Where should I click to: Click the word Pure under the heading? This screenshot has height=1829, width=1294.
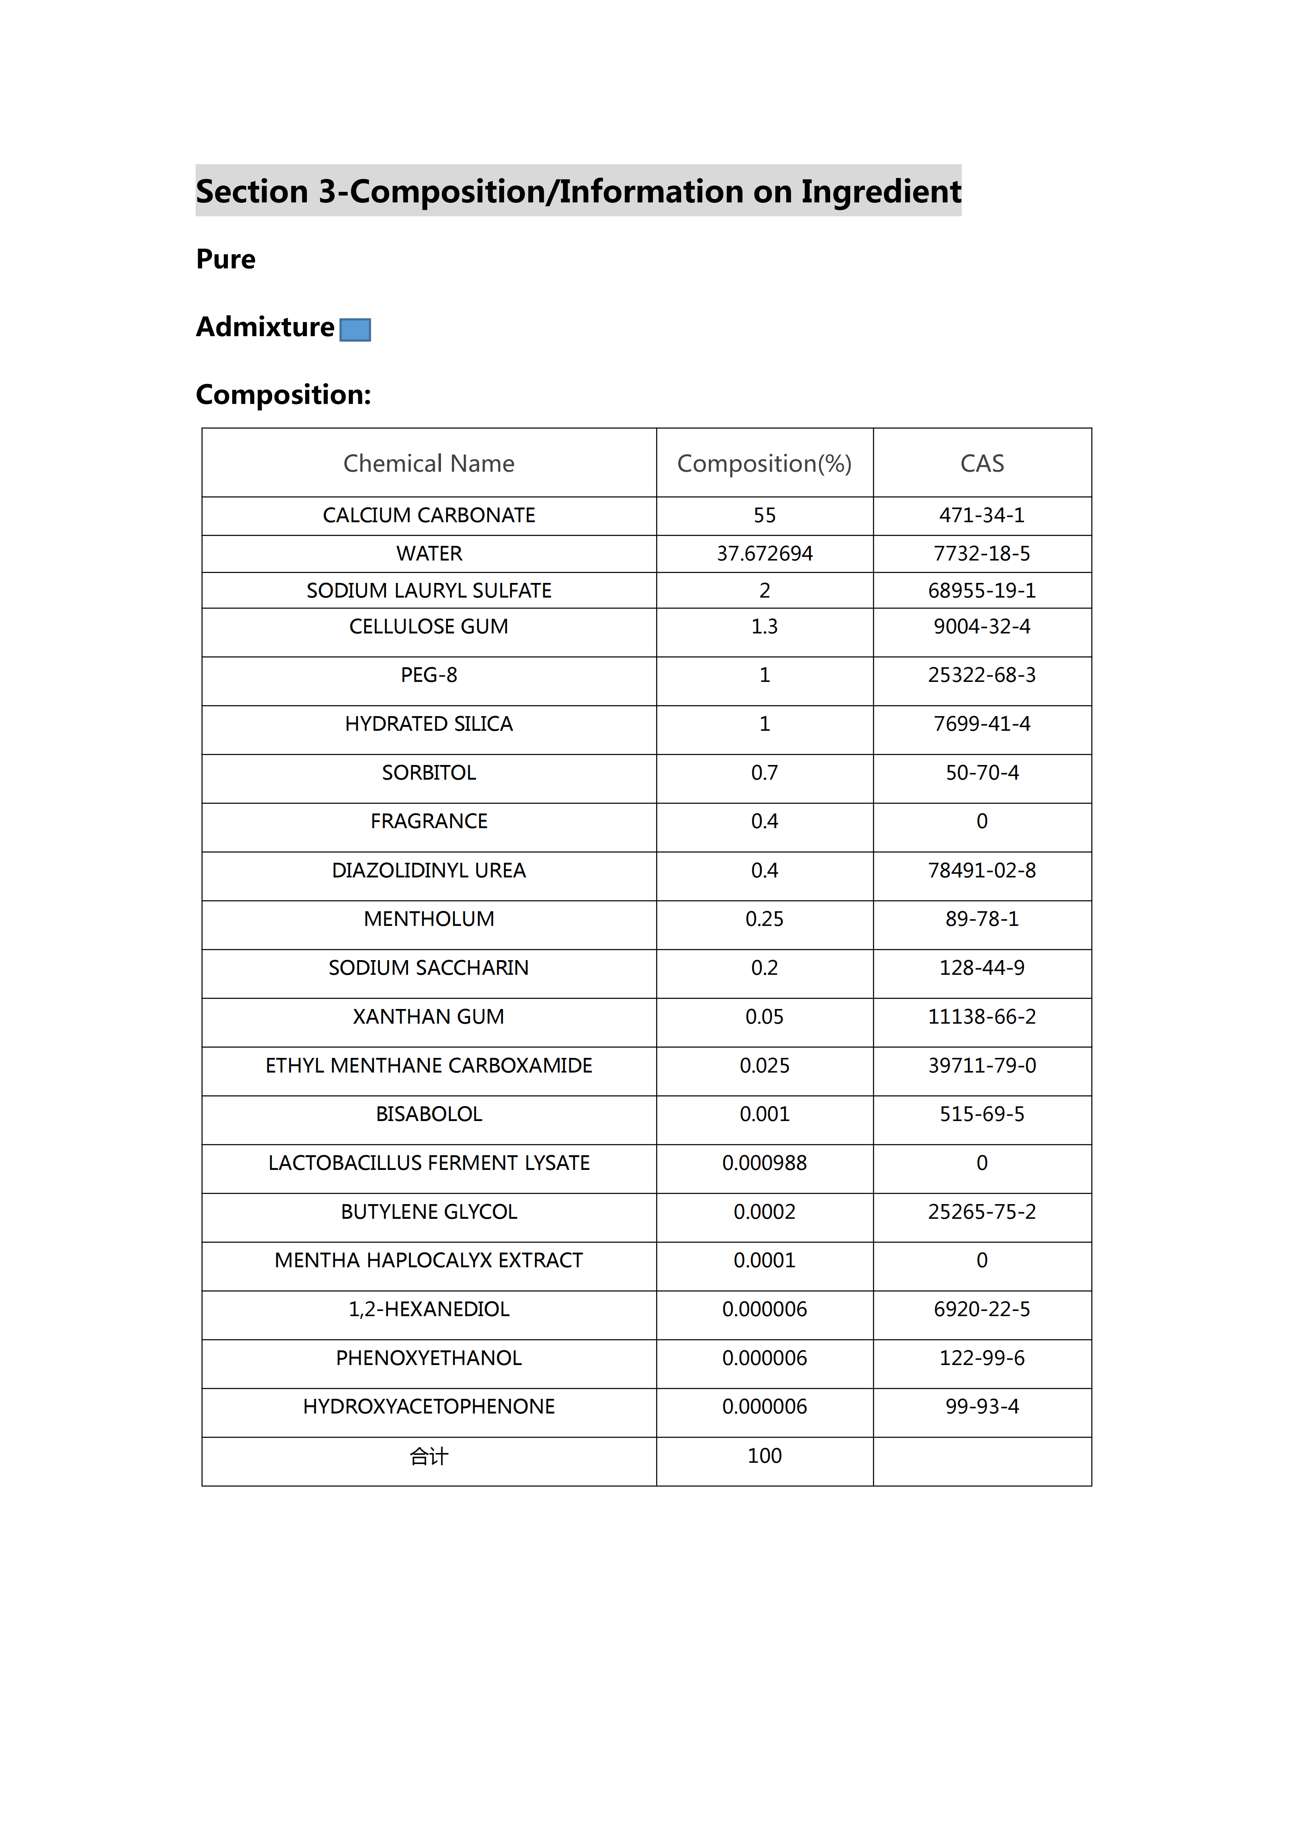tap(225, 260)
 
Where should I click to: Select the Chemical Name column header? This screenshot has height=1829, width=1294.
tap(429, 464)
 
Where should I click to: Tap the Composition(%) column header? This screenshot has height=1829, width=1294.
tap(764, 464)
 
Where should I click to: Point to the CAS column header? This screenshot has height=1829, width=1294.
tap(982, 464)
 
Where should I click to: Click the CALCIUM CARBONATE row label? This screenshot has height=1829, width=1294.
tap(429, 515)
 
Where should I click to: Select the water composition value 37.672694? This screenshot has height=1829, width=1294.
tap(764, 554)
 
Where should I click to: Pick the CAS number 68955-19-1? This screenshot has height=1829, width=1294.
tap(982, 590)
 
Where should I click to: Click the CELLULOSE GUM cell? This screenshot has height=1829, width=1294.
tap(429, 627)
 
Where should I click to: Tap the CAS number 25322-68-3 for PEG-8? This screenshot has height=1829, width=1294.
tap(982, 675)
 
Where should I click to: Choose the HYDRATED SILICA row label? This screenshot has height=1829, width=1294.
tap(429, 724)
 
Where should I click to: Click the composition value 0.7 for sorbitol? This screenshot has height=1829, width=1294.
tap(764, 773)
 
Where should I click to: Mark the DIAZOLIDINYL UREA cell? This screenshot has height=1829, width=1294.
tap(429, 871)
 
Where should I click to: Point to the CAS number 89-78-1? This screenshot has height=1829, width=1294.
tap(982, 919)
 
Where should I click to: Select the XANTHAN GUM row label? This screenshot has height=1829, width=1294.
tap(429, 1017)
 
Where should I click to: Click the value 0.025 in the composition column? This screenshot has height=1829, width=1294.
tap(764, 1066)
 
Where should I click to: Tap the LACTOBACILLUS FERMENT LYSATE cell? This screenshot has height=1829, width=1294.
tap(429, 1163)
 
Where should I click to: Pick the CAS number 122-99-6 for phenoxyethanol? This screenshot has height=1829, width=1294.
tap(982, 1358)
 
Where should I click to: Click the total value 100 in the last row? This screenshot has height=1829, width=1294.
tap(764, 1456)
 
